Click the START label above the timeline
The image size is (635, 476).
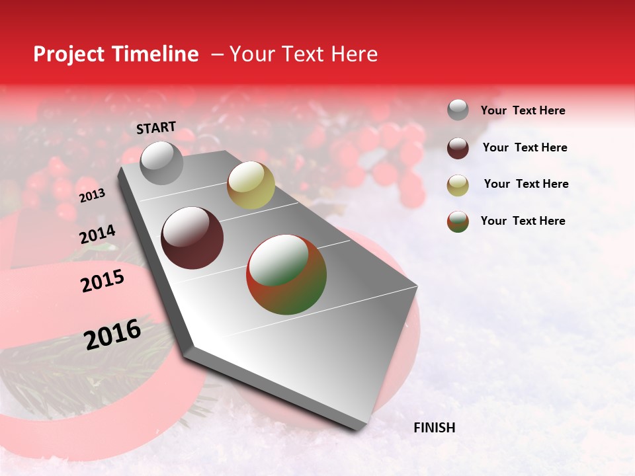(156, 128)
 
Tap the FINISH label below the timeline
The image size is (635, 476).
(435, 428)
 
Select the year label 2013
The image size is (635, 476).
(92, 196)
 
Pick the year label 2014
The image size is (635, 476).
(98, 235)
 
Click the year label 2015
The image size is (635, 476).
(103, 281)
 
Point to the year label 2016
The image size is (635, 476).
(112, 334)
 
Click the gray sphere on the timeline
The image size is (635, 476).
(162, 163)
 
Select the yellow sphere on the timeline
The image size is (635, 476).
(251, 185)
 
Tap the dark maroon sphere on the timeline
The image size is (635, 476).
(192, 238)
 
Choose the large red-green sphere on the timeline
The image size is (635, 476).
(286, 274)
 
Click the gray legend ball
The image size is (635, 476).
(458, 110)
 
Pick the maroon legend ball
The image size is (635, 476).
(458, 148)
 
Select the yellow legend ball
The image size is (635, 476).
(458, 185)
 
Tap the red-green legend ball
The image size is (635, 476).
(458, 221)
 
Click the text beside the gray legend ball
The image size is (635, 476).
(523, 110)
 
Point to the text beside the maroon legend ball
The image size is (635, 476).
(525, 147)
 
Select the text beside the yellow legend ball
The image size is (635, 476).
(526, 184)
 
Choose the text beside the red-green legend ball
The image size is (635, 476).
(523, 221)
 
